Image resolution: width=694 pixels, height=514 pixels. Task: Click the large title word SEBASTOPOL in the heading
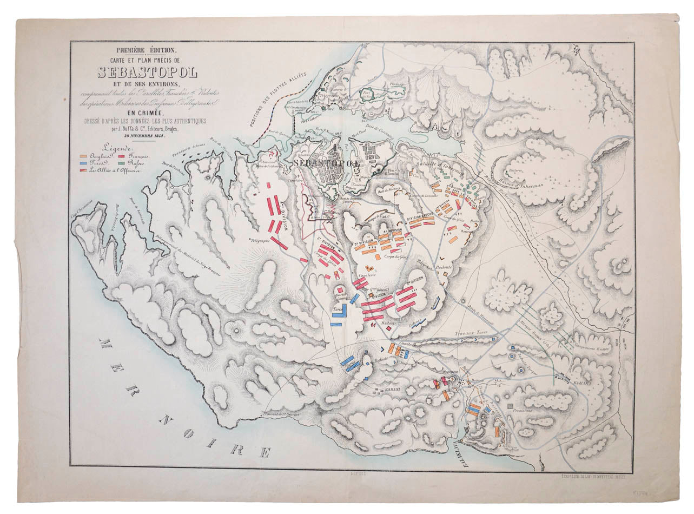(147, 71)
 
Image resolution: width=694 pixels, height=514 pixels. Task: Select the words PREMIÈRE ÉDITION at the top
(147, 50)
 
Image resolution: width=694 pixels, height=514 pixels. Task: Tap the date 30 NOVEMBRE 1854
(146, 136)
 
